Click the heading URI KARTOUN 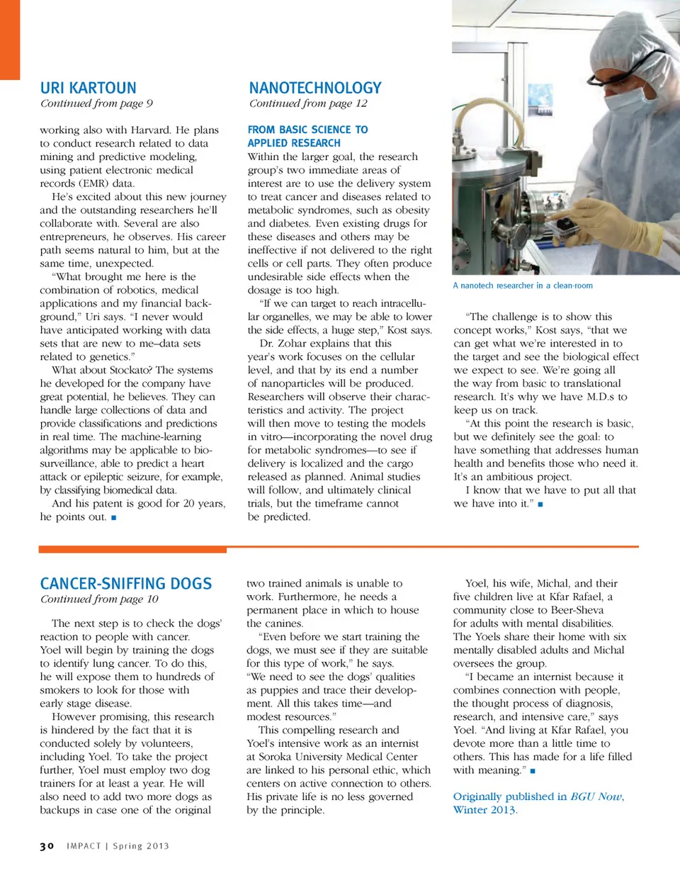click(x=88, y=88)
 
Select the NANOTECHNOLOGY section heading click(x=315, y=88)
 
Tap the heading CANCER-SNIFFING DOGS click(x=126, y=584)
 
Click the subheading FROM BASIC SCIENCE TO click(x=307, y=130)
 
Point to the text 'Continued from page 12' click(x=308, y=103)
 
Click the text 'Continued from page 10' click(x=99, y=599)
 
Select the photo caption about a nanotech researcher click(x=523, y=286)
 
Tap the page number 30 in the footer click(x=47, y=846)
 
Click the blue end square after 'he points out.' click(x=113, y=517)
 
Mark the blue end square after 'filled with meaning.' click(x=533, y=770)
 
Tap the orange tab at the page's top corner click(x=10, y=39)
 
